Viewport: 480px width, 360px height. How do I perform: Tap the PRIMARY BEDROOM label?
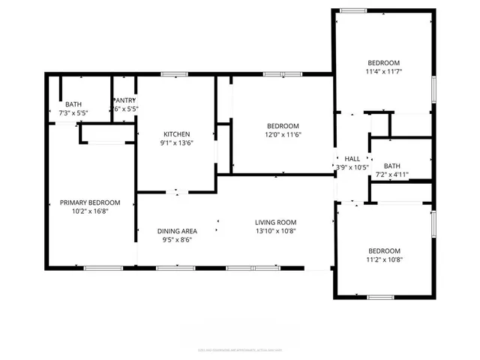tap(90, 202)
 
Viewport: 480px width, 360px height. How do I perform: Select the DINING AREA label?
tap(177, 231)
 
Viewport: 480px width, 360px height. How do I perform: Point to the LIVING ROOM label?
tap(276, 223)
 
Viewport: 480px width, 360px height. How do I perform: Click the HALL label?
tap(352, 159)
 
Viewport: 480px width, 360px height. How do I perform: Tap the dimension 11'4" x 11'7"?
tap(383, 72)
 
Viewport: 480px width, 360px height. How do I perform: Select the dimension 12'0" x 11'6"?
tap(283, 134)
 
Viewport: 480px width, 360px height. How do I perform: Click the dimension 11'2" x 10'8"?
tap(383, 260)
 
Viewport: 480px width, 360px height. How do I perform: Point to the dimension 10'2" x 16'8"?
tap(90, 211)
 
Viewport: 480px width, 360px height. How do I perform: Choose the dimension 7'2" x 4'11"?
tap(392, 175)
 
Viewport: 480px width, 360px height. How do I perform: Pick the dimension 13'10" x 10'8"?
tap(276, 232)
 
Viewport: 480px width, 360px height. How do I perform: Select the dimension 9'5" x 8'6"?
tap(177, 240)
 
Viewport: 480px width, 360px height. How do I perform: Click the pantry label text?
tap(125, 100)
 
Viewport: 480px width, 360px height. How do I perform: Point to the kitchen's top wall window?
tap(174, 73)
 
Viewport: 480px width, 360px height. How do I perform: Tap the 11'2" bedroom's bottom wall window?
tap(380, 297)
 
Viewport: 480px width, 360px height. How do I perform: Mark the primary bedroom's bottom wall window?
tap(103, 268)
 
